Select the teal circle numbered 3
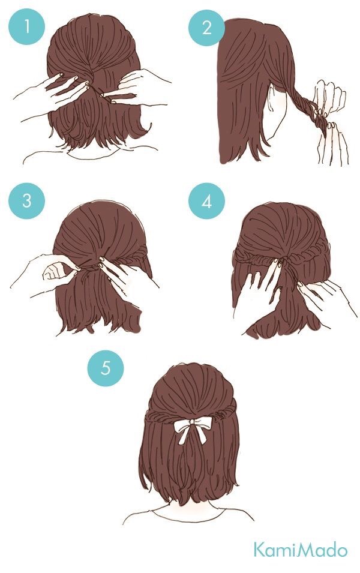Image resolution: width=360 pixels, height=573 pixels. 26,200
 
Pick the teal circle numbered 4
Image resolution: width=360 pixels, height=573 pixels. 206,201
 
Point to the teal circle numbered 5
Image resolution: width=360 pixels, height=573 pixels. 106,367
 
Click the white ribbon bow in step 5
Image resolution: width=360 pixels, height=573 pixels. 193,430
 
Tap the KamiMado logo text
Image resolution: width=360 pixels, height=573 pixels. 300,550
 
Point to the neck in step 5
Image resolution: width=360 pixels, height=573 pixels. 193,510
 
